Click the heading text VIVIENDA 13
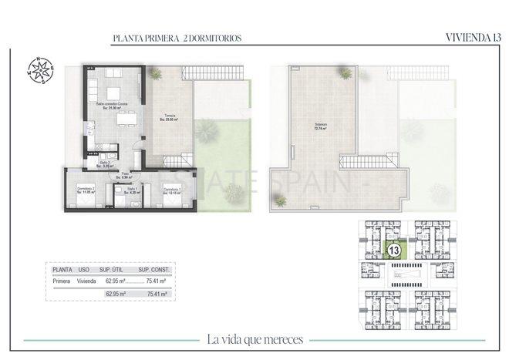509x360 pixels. [472, 36]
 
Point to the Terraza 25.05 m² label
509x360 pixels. [169, 117]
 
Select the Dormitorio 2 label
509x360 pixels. [86, 190]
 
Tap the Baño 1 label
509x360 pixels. [132, 190]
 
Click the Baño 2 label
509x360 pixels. [105, 163]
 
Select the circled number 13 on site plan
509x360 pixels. [393, 251]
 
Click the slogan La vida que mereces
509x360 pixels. [254, 338]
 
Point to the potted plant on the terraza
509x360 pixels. [155, 73]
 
